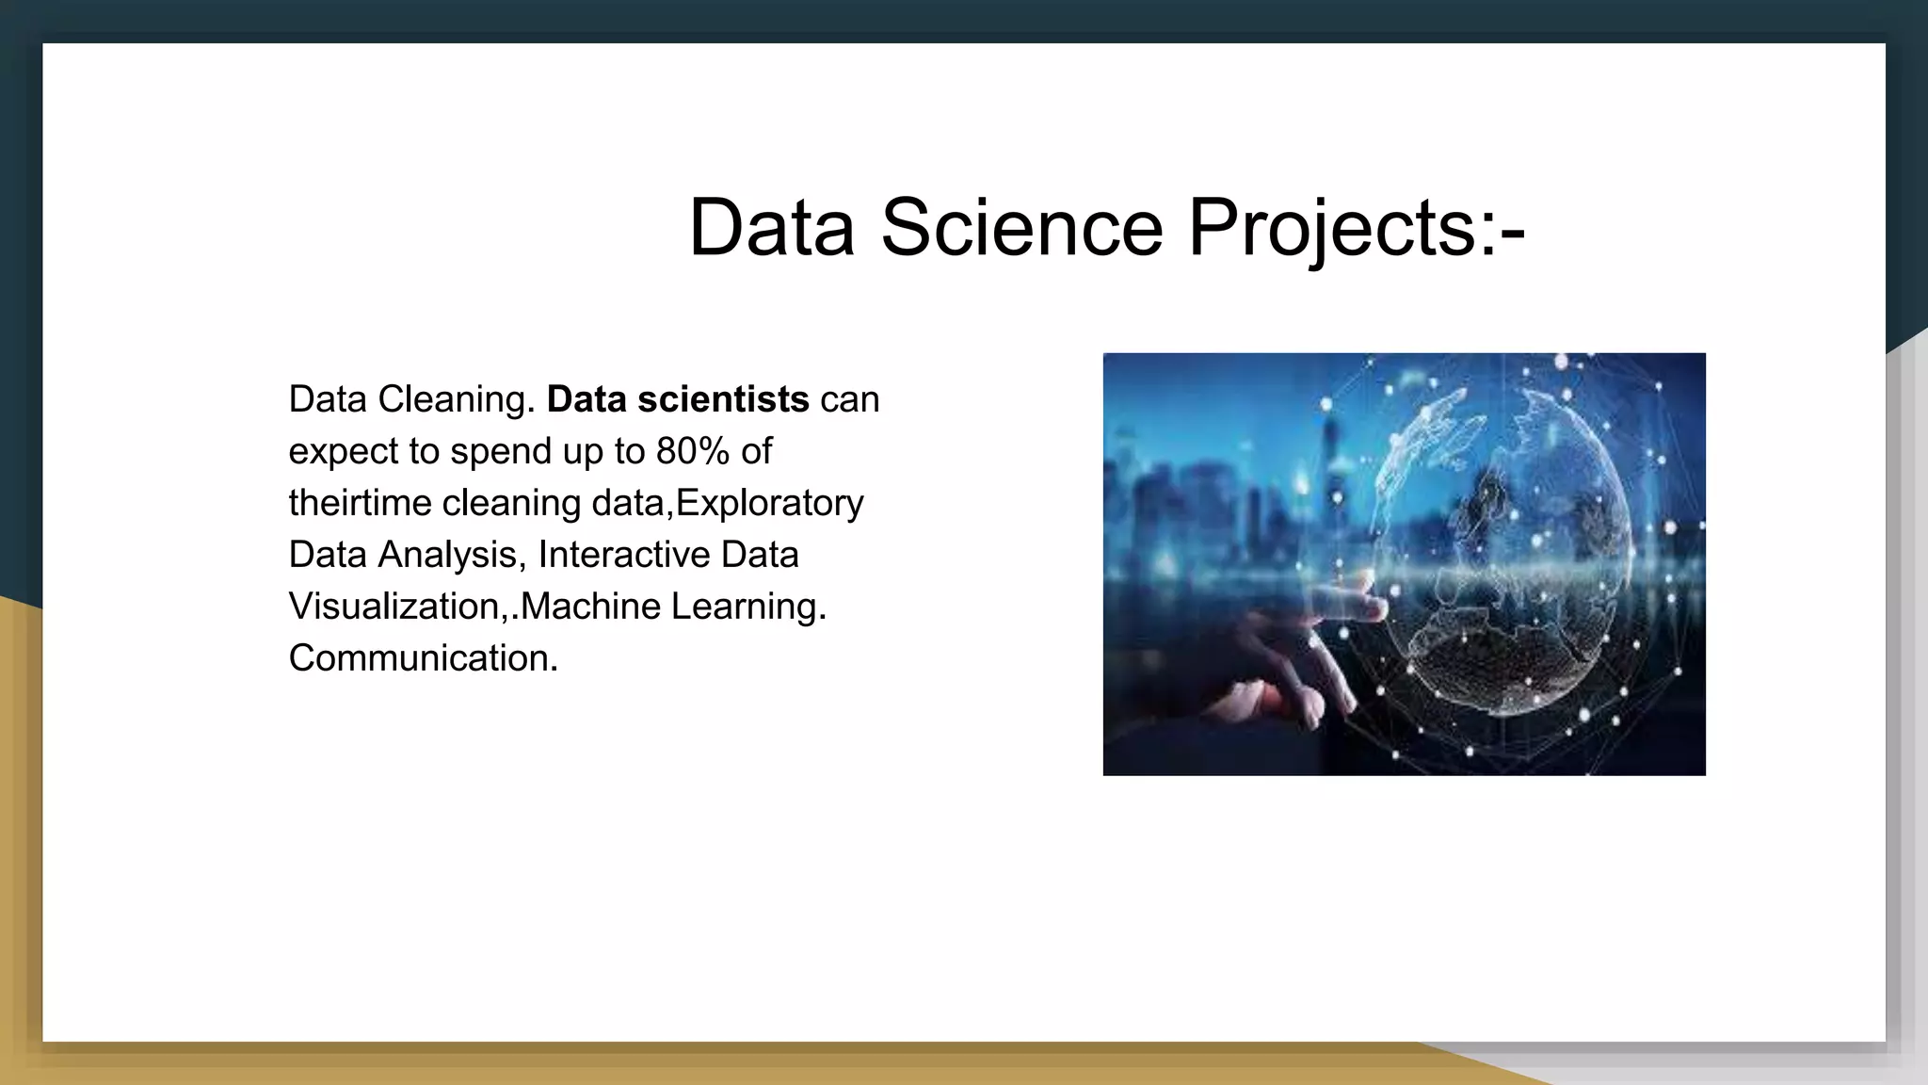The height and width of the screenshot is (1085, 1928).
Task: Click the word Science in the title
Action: click(1021, 227)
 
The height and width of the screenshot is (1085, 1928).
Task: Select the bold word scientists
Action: click(723, 399)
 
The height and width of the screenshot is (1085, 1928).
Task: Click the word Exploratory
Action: click(770, 503)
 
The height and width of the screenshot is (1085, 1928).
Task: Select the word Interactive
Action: click(623, 555)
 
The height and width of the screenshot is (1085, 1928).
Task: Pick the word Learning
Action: click(748, 607)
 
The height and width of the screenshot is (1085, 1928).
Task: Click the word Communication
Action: click(423, 658)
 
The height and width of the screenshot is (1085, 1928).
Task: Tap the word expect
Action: click(343, 451)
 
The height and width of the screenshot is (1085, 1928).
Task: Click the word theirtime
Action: click(360, 503)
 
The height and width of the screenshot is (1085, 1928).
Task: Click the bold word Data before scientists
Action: click(586, 399)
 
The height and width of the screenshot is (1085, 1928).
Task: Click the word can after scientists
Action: click(850, 399)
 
